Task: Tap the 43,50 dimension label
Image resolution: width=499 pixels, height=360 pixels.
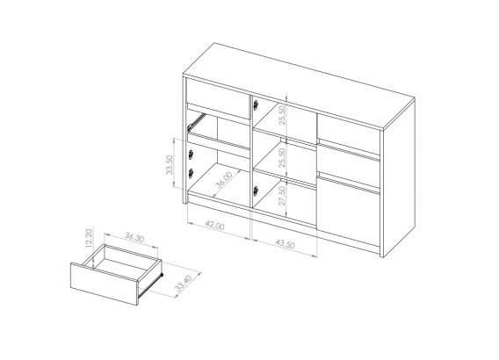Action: click(x=286, y=243)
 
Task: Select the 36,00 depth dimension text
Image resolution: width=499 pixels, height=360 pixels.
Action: click(x=224, y=180)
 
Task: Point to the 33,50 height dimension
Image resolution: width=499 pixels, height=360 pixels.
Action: click(x=170, y=164)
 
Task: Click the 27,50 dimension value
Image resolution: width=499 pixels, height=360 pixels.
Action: click(x=282, y=196)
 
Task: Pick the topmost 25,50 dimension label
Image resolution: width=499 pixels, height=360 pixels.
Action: click(x=282, y=115)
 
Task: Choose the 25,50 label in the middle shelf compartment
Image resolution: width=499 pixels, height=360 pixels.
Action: click(x=282, y=158)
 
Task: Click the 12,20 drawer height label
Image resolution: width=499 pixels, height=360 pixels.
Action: click(x=89, y=238)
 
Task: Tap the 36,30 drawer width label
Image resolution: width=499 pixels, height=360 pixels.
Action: click(x=134, y=238)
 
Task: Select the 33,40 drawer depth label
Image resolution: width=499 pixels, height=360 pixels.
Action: click(x=184, y=284)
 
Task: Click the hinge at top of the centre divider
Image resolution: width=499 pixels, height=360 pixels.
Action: click(x=256, y=104)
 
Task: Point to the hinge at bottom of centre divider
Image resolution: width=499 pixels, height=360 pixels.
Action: click(x=256, y=191)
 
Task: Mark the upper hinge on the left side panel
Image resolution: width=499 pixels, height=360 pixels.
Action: click(x=191, y=155)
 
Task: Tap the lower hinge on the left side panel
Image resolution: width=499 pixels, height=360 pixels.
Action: click(x=191, y=173)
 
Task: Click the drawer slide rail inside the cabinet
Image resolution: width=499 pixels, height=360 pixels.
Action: click(x=196, y=122)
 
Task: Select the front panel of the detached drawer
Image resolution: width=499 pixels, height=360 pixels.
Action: click(x=104, y=284)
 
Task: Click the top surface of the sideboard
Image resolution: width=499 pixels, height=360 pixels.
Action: click(x=300, y=87)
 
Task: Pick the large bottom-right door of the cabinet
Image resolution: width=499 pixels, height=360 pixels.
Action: click(x=349, y=212)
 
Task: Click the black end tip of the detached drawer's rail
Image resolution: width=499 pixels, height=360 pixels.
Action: click(x=162, y=274)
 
